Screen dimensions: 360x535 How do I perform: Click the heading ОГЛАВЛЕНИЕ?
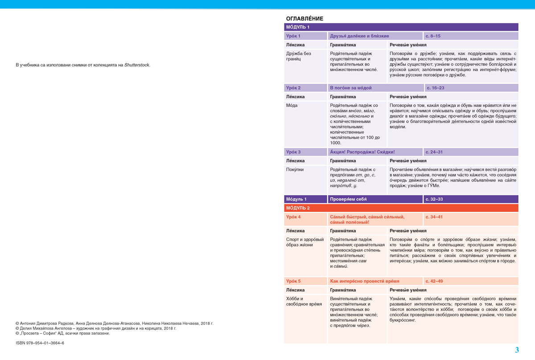tap(304, 19)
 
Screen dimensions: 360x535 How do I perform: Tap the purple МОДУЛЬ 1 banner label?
tap(297, 27)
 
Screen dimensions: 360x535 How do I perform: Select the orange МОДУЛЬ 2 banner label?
tap(297, 208)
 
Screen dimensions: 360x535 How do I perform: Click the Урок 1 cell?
tap(293, 36)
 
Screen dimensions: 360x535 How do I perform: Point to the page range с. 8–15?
tap(433, 36)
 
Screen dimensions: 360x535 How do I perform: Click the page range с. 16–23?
tap(435, 88)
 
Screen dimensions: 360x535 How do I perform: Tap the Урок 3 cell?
tap(293, 152)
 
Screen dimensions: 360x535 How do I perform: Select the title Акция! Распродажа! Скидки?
tap(362, 152)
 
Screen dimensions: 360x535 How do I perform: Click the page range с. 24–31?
tap(434, 152)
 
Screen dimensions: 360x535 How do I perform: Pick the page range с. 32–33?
tap(434, 199)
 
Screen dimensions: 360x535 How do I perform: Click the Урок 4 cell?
tap(293, 217)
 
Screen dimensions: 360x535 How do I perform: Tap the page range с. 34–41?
tap(434, 217)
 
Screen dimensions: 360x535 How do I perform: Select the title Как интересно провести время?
tap(364, 281)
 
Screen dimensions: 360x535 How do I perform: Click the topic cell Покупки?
tap(295, 170)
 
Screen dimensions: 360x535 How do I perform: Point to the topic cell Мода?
tap(292, 105)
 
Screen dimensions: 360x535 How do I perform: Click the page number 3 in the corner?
tap(517, 350)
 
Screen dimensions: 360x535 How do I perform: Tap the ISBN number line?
tap(40, 343)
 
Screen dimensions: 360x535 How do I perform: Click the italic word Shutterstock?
tap(137, 65)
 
